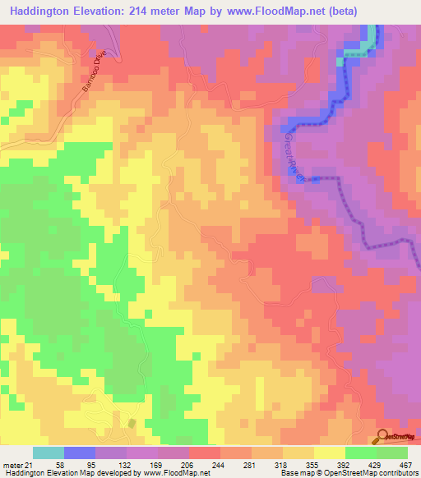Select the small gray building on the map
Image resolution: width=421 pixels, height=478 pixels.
coord(133,422)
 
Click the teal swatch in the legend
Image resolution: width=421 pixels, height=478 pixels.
coord(49,453)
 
